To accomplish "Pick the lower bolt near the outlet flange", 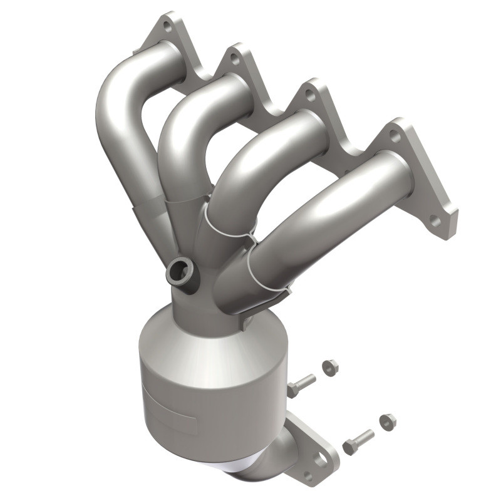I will point(358,442).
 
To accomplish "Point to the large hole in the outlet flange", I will point(321,460).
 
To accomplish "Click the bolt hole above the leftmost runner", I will point(167,26).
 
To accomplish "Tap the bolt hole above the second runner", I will point(234,58).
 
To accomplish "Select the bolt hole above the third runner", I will point(309,96).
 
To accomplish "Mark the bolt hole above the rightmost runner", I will point(394,134).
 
